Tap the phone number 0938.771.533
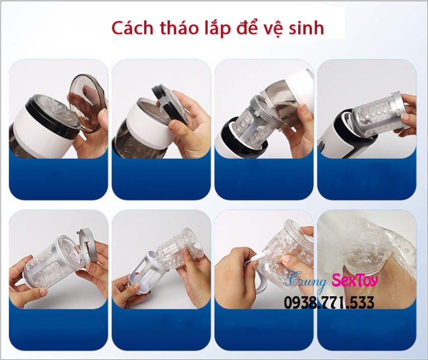pyautogui.click(x=329, y=303)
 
